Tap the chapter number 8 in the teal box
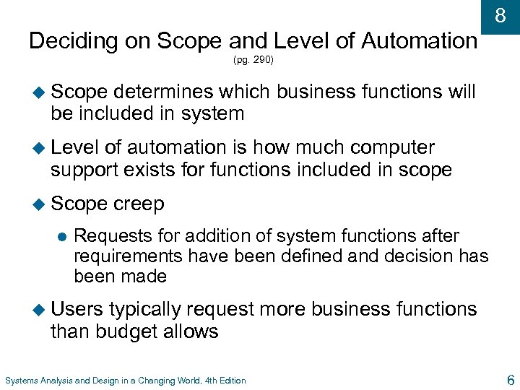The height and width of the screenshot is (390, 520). (x=500, y=15)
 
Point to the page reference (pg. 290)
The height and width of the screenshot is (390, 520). (x=253, y=60)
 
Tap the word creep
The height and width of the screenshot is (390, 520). (x=139, y=204)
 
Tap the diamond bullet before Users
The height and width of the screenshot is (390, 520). (x=39, y=310)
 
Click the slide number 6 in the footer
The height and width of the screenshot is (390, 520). (x=511, y=380)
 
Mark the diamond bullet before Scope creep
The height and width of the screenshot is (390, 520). (x=39, y=204)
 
